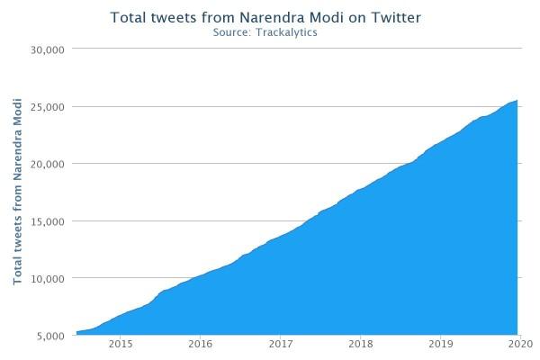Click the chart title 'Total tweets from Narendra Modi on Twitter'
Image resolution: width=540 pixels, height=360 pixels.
(x=265, y=17)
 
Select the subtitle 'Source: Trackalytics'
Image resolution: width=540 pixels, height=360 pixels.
(x=265, y=32)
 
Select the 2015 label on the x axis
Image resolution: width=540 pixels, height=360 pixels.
(x=121, y=344)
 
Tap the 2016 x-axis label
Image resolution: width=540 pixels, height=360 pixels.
(x=201, y=344)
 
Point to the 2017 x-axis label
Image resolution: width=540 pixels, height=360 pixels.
(x=281, y=344)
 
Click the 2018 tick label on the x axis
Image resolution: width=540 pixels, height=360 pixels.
(x=360, y=344)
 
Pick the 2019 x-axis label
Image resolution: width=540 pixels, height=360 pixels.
(x=440, y=344)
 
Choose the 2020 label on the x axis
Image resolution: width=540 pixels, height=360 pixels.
(x=520, y=344)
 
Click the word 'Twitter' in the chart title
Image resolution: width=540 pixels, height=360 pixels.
(x=395, y=17)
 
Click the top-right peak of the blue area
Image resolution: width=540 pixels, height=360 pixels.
(x=517, y=101)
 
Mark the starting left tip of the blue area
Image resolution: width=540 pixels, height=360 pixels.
(x=77, y=332)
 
